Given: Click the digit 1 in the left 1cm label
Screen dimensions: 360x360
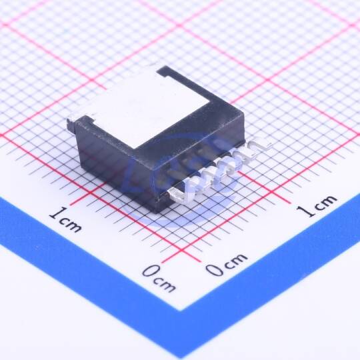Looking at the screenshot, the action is [57, 213].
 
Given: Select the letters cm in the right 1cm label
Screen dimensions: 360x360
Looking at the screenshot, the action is [326, 201].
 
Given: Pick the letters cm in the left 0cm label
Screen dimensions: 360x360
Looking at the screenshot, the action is [165, 284].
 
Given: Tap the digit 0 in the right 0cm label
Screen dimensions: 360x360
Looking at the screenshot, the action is [215, 269].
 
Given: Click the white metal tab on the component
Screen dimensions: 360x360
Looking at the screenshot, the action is [147, 108].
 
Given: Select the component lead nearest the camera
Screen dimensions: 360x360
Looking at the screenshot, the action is [181, 194].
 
